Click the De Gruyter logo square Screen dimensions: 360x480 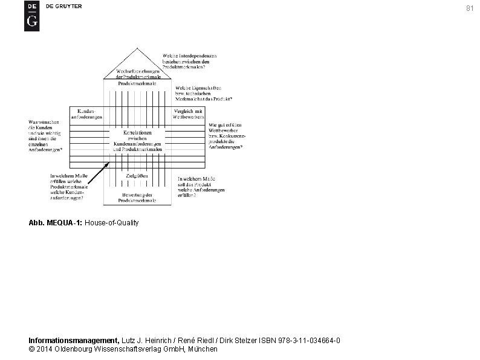[x=31, y=16]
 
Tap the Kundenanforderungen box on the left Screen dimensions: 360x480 [x=86, y=114]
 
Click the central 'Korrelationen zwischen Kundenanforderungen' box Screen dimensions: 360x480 [x=137, y=140]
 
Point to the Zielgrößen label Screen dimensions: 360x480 [x=137, y=175]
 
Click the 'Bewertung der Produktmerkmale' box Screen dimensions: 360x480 [x=137, y=196]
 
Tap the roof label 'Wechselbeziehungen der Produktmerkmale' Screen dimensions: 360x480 [x=138, y=74]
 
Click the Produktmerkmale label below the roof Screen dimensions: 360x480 [x=137, y=83]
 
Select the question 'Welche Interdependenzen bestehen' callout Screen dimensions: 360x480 [x=189, y=62]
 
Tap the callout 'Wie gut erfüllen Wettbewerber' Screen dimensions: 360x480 [x=227, y=136]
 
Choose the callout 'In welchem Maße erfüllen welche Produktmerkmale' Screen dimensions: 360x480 [x=69, y=186]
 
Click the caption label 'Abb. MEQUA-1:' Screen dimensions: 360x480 [x=56, y=223]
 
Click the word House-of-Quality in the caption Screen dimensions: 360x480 [x=112, y=223]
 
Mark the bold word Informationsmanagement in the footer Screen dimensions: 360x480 [x=74, y=341]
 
